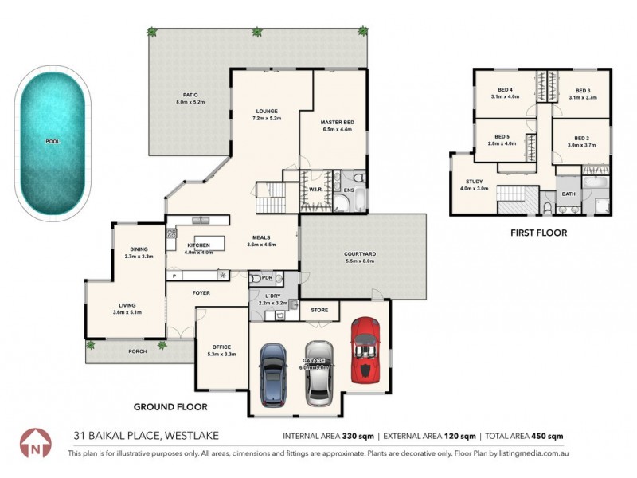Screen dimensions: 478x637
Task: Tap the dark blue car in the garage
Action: tap(273, 372)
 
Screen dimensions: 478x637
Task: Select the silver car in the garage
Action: tap(318, 372)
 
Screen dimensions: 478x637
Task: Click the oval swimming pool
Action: tap(53, 142)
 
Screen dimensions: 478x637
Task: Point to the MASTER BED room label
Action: tap(337, 122)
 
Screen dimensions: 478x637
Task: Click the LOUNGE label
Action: tap(266, 111)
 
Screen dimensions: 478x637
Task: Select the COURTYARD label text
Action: tap(360, 253)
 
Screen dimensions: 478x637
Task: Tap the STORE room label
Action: tap(319, 309)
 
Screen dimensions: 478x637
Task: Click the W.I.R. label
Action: tap(315, 190)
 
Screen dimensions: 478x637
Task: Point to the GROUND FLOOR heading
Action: tap(170, 406)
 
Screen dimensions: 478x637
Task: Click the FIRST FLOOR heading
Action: tap(538, 233)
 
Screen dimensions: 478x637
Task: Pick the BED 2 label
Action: tap(582, 137)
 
